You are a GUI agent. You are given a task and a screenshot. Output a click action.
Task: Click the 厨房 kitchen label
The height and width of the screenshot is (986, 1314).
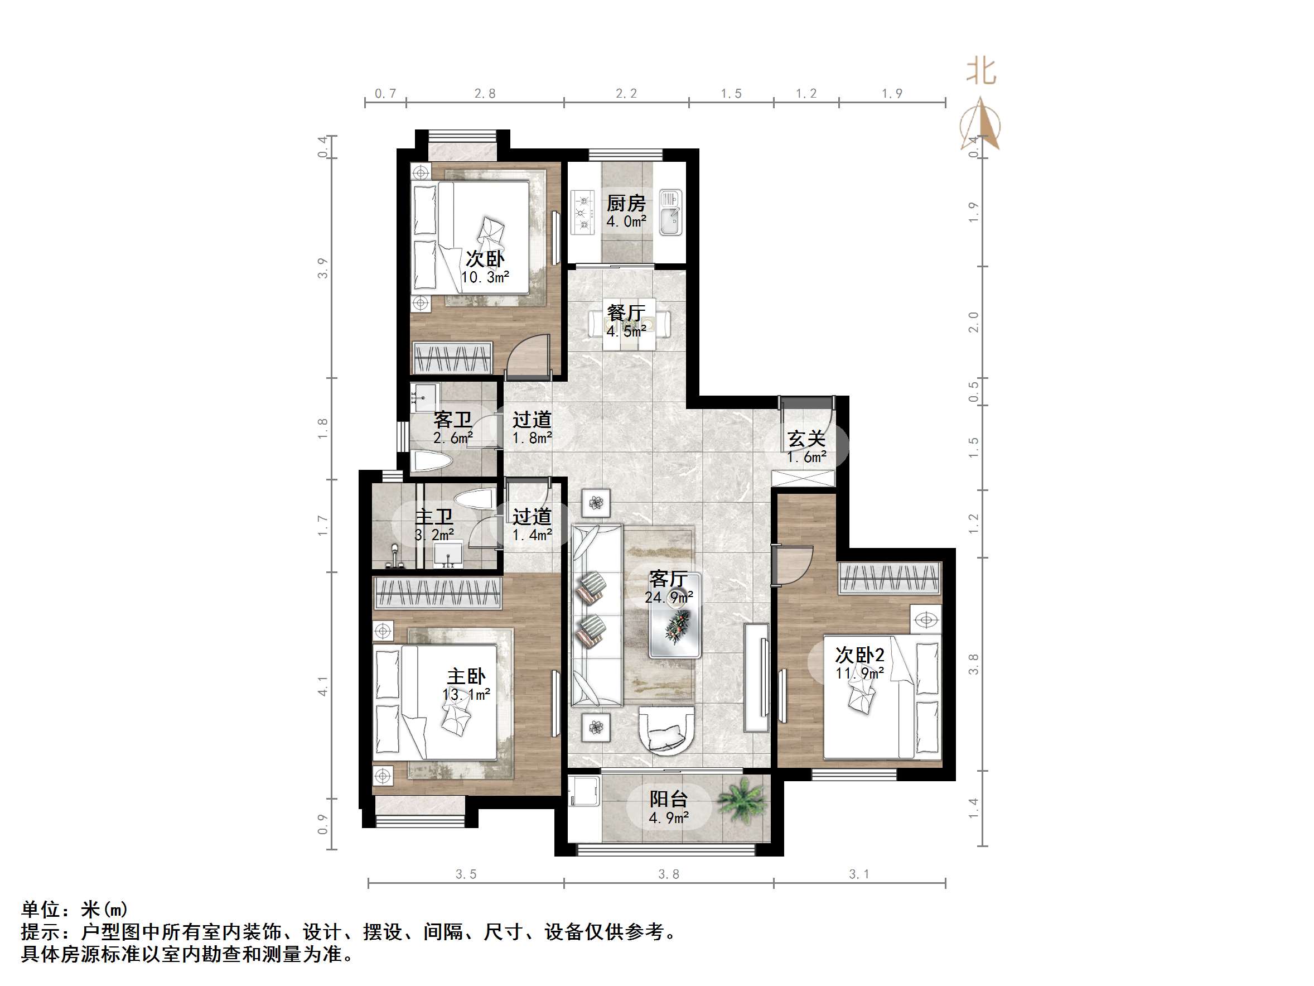click(626, 204)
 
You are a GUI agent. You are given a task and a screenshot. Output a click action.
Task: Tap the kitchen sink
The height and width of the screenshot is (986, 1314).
click(670, 212)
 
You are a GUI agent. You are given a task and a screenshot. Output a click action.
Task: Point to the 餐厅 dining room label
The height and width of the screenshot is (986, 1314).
click(626, 312)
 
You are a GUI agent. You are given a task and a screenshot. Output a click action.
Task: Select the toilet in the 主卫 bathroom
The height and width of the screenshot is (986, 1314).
click(475, 498)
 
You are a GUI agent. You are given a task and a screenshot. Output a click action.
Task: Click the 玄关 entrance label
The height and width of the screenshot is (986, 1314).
click(806, 439)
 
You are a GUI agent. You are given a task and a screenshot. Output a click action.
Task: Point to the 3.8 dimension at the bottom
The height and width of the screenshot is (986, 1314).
click(668, 874)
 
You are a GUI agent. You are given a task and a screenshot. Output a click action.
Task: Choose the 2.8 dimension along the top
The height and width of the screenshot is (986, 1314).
click(485, 93)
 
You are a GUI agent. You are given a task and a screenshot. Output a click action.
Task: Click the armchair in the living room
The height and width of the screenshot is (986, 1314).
click(666, 729)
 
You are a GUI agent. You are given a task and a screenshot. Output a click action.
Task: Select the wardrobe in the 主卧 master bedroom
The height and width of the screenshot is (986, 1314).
click(437, 592)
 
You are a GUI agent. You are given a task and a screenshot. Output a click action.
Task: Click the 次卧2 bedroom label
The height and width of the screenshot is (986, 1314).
click(859, 655)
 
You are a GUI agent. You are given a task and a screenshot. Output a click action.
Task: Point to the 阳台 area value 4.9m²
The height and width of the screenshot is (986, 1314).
click(668, 818)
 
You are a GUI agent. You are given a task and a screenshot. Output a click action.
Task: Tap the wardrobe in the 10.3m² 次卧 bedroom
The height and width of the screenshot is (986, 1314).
click(453, 358)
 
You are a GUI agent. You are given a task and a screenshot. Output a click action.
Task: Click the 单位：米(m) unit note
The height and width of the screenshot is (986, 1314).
click(74, 910)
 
